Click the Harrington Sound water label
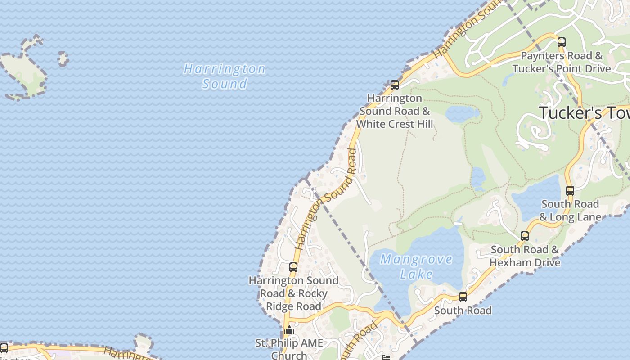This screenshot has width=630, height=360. [225, 76]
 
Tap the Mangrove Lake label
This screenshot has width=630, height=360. [416, 266]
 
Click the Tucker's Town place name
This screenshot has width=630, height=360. [584, 113]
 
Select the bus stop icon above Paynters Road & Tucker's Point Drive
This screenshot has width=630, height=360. [562, 43]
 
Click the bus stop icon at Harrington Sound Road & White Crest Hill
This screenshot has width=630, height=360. [395, 85]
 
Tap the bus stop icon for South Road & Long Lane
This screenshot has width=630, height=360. [570, 191]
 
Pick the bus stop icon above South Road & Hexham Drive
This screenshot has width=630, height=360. [525, 236]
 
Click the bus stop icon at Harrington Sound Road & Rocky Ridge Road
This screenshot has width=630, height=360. [293, 267]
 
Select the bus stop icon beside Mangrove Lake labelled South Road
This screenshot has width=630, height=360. [463, 297]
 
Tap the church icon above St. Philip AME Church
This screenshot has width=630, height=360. [289, 331]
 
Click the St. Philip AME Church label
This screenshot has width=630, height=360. [289, 349]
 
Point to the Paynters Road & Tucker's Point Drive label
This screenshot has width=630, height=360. [562, 63]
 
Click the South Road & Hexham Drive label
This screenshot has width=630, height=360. [525, 256]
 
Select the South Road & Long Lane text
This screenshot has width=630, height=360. [570, 211]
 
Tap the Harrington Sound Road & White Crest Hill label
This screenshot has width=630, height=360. [395, 111]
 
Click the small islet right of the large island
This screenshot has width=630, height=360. [63, 58]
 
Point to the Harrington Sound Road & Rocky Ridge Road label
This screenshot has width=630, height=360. [293, 293]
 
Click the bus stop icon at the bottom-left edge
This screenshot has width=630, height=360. [4, 348]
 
